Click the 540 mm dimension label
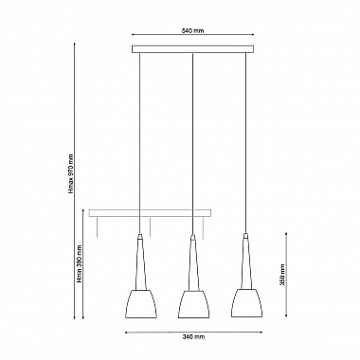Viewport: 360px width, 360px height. pos(192,31)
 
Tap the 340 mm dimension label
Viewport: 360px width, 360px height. pos(193,336)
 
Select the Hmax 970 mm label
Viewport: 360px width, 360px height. pos(71,173)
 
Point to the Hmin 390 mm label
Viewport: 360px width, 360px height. pos(80,264)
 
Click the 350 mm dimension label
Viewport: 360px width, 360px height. pos(282,274)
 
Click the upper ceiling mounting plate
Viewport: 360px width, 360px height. pos(192,49)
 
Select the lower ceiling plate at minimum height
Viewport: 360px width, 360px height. pos(150,213)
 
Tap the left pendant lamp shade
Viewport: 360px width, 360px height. pos(141,303)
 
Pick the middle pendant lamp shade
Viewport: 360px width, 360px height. pos(194,303)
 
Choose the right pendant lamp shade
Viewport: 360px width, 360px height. pos(247,303)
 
